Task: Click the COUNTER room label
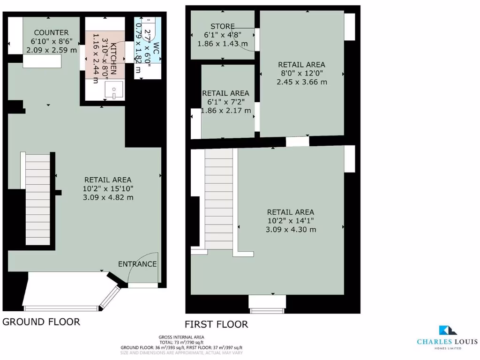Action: click(51, 32)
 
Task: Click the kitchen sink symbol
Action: click(114, 90)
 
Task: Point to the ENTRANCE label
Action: click(137, 264)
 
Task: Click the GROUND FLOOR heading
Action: click(41, 322)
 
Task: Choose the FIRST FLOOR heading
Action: click(216, 324)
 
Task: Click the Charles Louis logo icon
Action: click(445, 330)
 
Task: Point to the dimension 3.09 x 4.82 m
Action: click(108, 197)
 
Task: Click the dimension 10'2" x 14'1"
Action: click(291, 221)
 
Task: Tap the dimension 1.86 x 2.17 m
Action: click(225, 111)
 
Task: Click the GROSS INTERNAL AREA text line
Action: click(181, 337)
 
